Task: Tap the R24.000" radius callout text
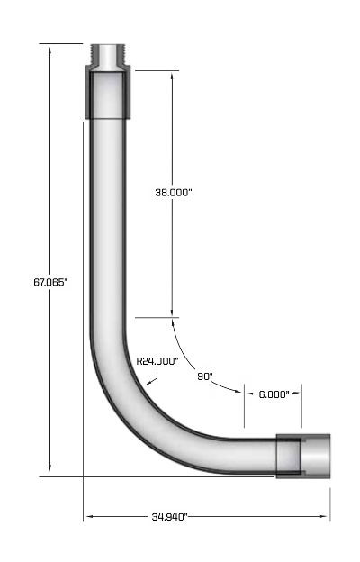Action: coord(157,360)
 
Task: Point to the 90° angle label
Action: coord(204,376)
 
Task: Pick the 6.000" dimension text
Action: coord(273,394)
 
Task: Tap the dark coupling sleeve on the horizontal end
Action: coord(288,455)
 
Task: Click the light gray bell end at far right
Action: coord(318,455)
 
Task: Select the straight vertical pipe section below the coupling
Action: coord(108,216)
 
